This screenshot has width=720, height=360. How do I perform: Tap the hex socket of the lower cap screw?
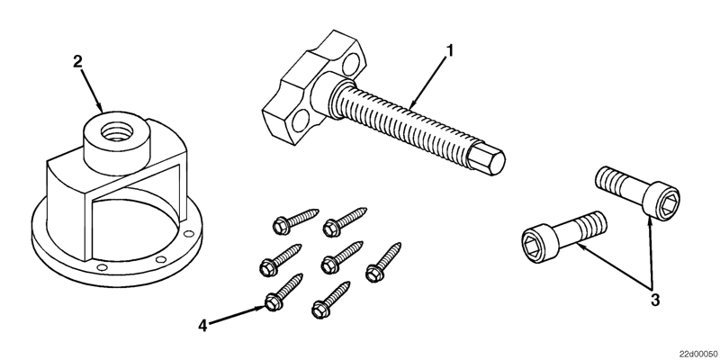[533, 241]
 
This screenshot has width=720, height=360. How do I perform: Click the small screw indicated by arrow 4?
[281, 294]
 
